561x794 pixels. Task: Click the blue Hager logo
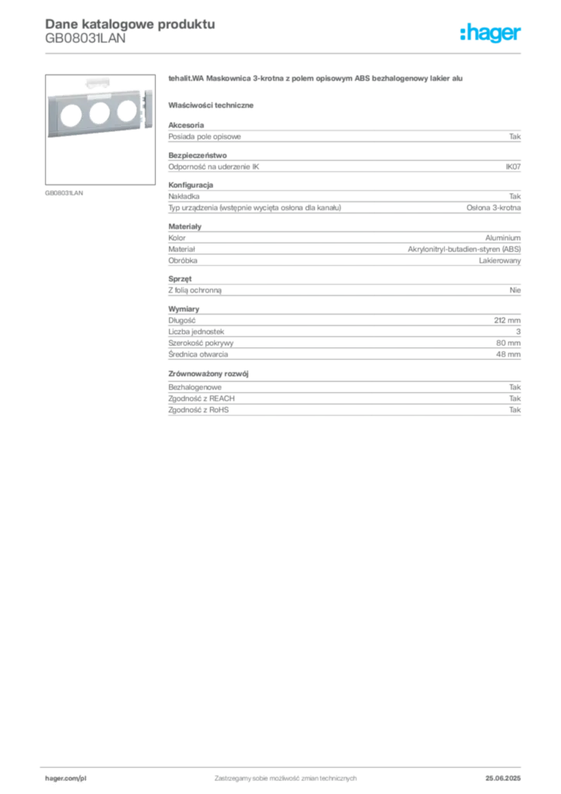(492, 34)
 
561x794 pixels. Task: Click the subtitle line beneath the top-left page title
(85, 43)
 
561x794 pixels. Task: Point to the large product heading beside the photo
(313, 80)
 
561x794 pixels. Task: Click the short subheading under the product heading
(213, 105)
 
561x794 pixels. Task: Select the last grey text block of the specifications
(343, 404)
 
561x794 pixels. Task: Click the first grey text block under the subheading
(343, 136)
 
